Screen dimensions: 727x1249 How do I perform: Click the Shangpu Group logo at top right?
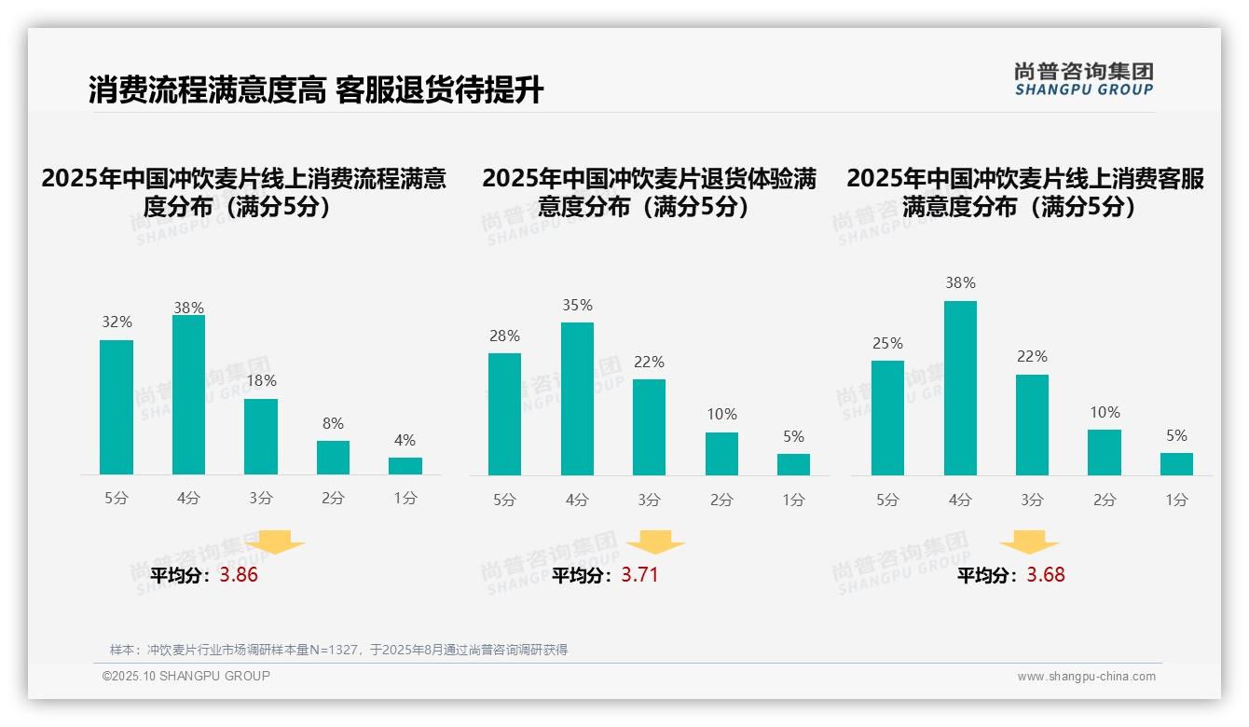1083,79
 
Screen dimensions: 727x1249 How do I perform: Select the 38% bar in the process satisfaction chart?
188,395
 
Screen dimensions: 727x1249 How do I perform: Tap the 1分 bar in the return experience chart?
793,464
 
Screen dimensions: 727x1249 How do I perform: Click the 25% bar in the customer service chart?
887,418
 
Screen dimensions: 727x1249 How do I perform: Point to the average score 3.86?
239,575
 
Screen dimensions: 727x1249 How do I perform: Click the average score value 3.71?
639,575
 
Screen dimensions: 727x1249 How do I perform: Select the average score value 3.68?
1045,575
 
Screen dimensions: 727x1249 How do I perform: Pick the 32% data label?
117,322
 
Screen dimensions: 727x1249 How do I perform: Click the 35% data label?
577,306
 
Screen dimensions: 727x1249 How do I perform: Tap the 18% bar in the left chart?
261,437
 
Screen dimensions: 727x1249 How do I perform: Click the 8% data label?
333,422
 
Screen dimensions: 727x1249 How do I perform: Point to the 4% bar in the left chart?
405,466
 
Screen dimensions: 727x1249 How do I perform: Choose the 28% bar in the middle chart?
504,414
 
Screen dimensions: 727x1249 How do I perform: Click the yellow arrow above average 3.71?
655,542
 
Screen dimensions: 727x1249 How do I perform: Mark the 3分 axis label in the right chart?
1032,501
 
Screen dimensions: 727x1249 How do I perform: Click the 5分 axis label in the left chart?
117,499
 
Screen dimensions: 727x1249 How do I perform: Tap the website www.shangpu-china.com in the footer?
1086,677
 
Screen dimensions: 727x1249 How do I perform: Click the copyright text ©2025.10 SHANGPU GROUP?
186,676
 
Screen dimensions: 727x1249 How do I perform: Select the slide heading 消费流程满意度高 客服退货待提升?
316,90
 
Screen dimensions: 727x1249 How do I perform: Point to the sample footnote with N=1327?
338,650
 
